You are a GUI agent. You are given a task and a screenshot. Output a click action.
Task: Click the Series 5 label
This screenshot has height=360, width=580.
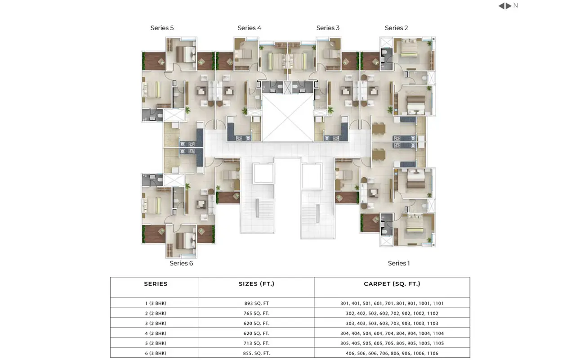coord(162,28)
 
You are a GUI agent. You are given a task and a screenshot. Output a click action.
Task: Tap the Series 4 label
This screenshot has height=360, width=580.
coord(250,28)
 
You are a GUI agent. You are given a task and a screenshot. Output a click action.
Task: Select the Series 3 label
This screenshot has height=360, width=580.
coord(328,28)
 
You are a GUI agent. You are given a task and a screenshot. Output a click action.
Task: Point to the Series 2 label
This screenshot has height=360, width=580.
coord(396,28)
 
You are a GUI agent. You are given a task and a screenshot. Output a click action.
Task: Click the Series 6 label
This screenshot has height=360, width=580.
coord(181,263)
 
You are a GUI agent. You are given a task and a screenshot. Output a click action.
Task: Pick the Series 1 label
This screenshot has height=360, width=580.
coord(399,263)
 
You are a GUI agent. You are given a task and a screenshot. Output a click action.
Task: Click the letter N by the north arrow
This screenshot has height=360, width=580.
coord(516,5)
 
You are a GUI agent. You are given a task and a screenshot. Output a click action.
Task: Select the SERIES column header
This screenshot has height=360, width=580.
coord(156,284)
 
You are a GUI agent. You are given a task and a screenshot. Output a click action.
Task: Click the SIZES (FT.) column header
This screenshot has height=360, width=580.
coord(256,284)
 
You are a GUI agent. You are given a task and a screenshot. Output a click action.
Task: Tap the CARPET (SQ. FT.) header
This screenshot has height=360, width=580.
coord(392,284)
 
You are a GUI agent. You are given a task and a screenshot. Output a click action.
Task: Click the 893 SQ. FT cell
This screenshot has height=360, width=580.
coord(257,303)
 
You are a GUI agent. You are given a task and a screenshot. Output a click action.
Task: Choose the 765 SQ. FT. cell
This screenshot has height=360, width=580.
coord(257,313)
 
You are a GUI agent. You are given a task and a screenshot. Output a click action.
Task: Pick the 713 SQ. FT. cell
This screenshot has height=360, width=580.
coord(257,343)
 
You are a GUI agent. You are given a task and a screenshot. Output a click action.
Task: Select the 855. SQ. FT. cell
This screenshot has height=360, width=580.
coord(257,353)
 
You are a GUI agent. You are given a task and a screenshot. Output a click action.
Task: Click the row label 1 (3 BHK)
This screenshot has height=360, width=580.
coord(156,303)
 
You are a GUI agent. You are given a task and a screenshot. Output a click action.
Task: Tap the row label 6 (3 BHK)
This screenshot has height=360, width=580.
coord(156,353)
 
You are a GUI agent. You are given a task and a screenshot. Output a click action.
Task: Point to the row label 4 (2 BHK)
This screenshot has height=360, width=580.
coord(156,333)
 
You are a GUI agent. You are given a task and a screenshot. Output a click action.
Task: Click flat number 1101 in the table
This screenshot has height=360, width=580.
coord(438,303)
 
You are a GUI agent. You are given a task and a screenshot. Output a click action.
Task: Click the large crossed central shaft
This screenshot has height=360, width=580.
coord(287,117)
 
